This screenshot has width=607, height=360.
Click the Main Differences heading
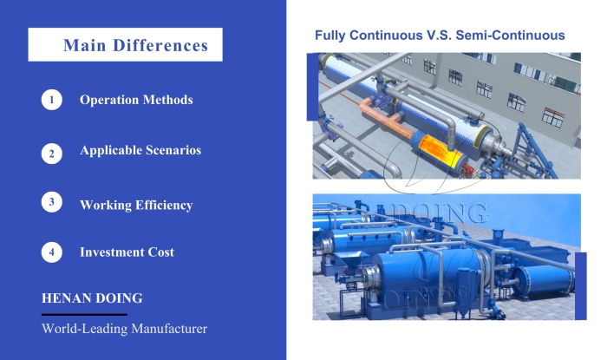[135, 45]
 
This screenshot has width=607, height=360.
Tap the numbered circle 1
[52, 100]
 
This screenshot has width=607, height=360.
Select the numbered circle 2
[52, 153]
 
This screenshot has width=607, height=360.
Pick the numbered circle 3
[52, 202]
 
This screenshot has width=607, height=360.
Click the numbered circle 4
[52, 252]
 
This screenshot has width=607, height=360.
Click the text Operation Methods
[136, 100]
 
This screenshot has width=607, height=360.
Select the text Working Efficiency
[136, 206]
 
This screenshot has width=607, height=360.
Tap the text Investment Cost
[127, 252]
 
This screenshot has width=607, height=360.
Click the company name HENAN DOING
[93, 298]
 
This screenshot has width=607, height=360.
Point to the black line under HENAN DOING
[84, 314]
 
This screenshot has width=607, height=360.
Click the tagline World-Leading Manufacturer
[125, 330]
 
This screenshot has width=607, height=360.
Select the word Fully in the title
[330, 36]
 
